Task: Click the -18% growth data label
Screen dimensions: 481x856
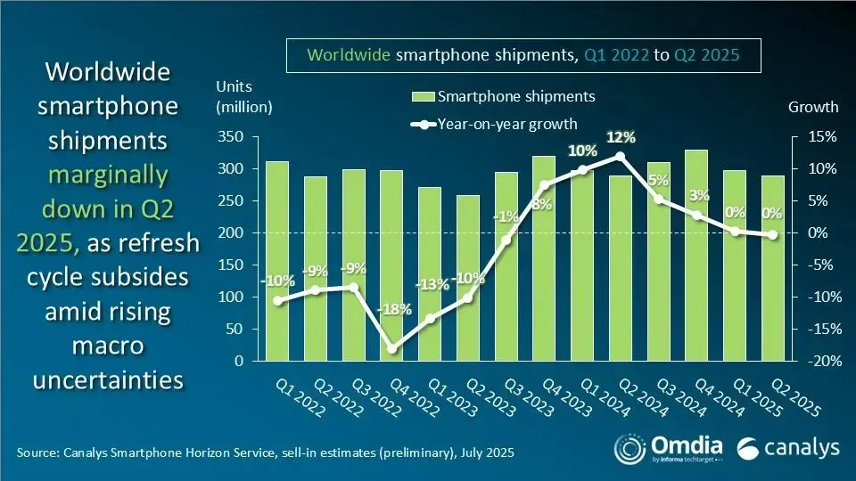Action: pos(395,310)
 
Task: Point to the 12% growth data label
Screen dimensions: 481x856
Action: pos(621,137)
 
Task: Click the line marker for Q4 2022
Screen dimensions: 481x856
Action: pos(391,348)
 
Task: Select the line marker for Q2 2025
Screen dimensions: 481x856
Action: pos(772,235)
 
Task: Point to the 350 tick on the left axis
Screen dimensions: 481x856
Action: pos(233,137)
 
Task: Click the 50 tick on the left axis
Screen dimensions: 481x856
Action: pos(236,330)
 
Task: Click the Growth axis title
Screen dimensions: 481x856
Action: pos(813,107)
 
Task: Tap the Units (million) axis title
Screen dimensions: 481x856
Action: pos(243,97)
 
